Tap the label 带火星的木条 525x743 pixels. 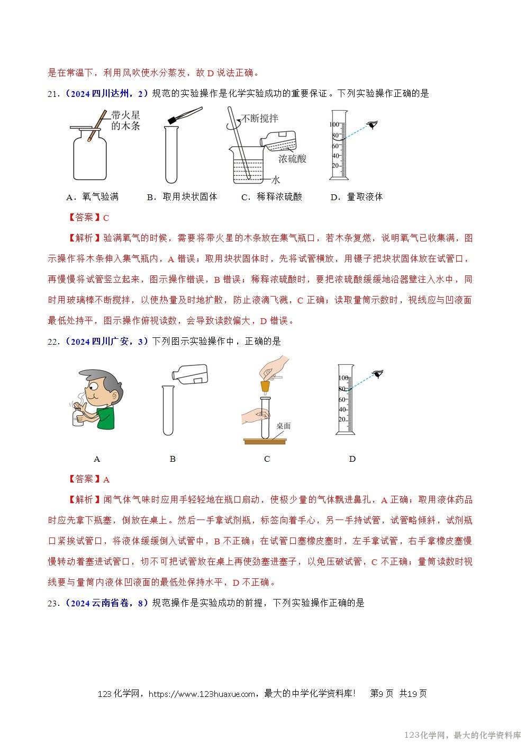click(x=125, y=121)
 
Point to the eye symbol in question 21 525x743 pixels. click(x=373, y=125)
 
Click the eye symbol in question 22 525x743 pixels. click(x=377, y=374)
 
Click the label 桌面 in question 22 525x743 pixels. click(x=283, y=425)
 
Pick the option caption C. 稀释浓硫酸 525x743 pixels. click(x=271, y=197)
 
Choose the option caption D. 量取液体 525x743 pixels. click(x=356, y=197)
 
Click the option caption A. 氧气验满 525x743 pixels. click(x=92, y=197)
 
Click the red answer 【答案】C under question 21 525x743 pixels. click(x=89, y=218)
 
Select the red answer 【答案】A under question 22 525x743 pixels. click(x=89, y=479)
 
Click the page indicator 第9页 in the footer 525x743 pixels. click(x=382, y=694)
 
